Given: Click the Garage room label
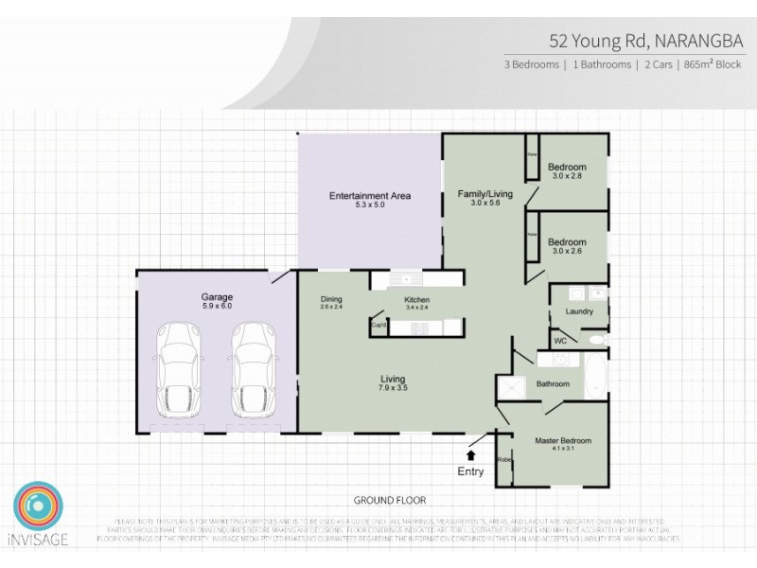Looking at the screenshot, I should (217, 295).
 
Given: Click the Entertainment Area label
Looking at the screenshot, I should (369, 196).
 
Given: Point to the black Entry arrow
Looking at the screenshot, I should (471, 456).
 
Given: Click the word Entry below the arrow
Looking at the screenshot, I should (470, 471).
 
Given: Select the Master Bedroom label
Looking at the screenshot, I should (562, 441).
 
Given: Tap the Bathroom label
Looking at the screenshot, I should (553, 383).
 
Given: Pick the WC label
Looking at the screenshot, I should (560, 340).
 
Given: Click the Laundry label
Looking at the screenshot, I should (577, 311).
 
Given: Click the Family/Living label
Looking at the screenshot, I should (484, 194).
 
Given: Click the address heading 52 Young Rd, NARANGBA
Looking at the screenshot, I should (629, 41).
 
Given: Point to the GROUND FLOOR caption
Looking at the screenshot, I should (390, 500).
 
